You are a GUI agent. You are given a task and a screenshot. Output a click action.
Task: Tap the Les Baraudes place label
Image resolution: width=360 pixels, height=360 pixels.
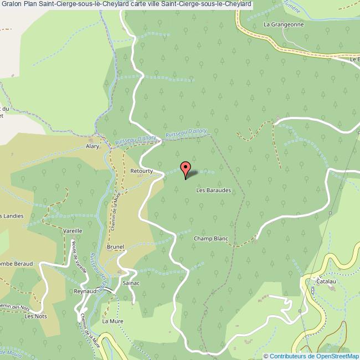[x=213, y=190]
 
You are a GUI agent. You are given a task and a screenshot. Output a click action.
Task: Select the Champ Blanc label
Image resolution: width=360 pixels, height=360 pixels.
[x=211, y=239]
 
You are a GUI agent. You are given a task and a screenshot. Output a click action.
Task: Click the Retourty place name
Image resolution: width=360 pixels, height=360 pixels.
[x=141, y=171]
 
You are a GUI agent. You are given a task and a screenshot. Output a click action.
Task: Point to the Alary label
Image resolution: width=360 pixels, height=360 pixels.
[x=92, y=146]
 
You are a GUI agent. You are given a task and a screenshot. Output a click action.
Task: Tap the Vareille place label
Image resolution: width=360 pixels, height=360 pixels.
[x=73, y=230]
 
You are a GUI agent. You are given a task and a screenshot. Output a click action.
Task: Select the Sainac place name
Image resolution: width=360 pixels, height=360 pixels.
[x=131, y=282]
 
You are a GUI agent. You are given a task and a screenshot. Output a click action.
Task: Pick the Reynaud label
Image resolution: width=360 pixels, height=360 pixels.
[x=85, y=291]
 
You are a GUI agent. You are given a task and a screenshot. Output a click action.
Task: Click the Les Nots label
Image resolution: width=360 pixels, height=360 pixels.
[x=36, y=316]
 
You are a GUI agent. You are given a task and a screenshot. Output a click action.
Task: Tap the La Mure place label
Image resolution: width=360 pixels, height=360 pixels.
[x=112, y=321]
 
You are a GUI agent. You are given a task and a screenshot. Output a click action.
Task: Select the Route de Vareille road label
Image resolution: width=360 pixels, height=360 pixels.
[x=78, y=258]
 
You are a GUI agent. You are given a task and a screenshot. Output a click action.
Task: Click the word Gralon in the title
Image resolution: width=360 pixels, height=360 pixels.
[x=11, y=4]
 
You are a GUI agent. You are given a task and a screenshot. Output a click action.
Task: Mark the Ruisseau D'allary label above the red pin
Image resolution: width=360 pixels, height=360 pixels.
[x=186, y=133]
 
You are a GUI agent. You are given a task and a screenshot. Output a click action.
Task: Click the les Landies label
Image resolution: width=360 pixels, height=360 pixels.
[x=12, y=216]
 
